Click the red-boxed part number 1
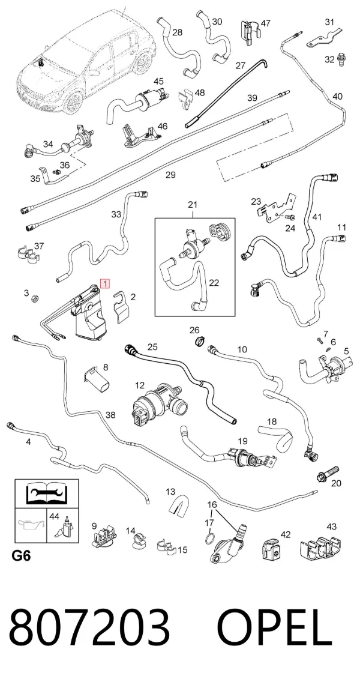coord(105,284)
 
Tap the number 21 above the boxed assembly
coord(193,205)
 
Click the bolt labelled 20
coord(327,472)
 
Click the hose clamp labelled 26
coord(197,340)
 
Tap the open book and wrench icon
coord(47,493)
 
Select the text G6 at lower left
coord(20,556)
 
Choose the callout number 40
coord(337,97)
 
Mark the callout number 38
coord(111,415)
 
